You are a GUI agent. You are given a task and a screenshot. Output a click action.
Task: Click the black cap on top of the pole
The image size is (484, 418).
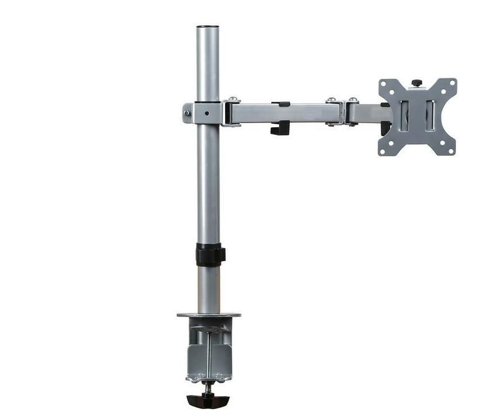coord(208,26)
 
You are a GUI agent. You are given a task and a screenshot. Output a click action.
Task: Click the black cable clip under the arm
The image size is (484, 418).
coord(280,128)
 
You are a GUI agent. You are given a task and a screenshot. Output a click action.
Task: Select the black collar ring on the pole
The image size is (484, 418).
coord(209,255)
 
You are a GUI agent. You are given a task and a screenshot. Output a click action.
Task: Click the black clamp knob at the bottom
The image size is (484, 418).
coord(208,401)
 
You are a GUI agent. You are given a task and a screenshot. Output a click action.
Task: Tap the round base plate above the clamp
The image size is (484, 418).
coord(208,315)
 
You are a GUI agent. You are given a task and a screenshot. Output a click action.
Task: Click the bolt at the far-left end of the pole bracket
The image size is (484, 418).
coord(186,113)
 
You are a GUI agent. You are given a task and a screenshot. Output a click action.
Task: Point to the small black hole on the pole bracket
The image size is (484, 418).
coord(207,113)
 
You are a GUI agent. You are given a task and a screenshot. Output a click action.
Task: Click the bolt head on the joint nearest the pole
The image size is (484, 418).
coord(232,101)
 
